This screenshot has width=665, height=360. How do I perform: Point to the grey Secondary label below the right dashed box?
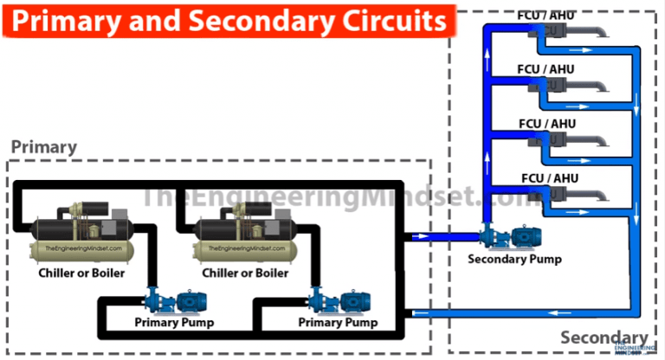(604, 337)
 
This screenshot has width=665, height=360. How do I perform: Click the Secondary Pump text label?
(514, 258)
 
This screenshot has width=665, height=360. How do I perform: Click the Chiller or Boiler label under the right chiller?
(245, 273)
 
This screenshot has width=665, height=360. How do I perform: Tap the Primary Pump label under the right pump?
(339, 323)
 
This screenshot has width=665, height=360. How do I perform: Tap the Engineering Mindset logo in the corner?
(633, 348)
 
